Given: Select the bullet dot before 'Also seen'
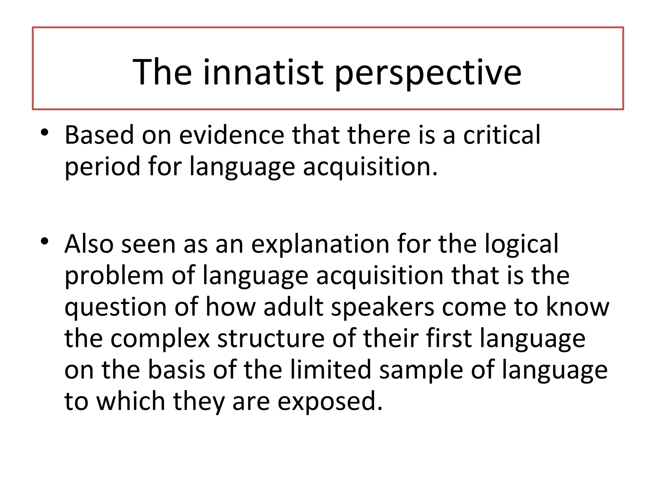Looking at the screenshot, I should pyautogui.click(x=45, y=241).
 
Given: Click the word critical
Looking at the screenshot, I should pyautogui.click(x=502, y=135).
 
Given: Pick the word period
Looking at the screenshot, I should pyautogui.click(x=102, y=167).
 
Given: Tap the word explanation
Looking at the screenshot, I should pyautogui.click(x=320, y=244).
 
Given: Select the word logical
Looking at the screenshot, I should pyautogui.click(x=521, y=244).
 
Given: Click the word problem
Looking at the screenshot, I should pyautogui.click(x=114, y=276).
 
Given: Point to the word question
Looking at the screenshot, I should pyautogui.click(x=116, y=307).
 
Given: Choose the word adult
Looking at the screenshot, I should pyautogui.click(x=293, y=307).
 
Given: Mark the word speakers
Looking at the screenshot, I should pyautogui.click(x=383, y=307).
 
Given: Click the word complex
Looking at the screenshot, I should pyautogui.click(x=160, y=339).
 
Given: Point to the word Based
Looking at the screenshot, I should pyautogui.click(x=99, y=135).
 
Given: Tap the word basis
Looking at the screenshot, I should pyautogui.click(x=176, y=370).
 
